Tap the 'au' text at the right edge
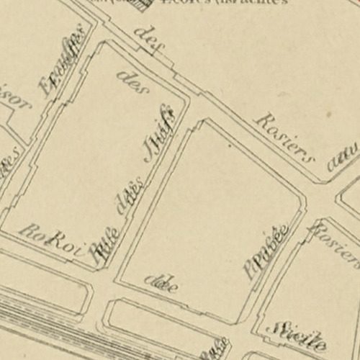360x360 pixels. point(343,157)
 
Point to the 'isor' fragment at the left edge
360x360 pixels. point(16,104)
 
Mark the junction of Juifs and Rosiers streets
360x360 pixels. point(190,101)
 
